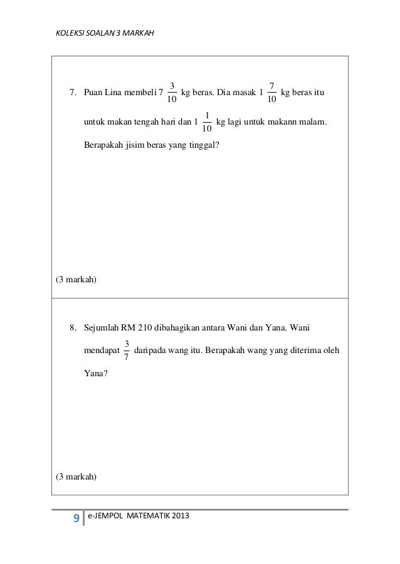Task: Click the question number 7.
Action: click(x=72, y=93)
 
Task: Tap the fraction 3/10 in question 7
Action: click(x=172, y=93)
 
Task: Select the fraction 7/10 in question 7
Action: click(x=271, y=93)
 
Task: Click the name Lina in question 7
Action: click(x=116, y=93)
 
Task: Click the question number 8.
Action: click(x=72, y=326)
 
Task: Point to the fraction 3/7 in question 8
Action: click(x=127, y=350)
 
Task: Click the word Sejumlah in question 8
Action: click(x=101, y=326)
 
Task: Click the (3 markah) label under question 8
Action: click(x=76, y=476)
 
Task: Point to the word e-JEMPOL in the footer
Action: click(x=111, y=516)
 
